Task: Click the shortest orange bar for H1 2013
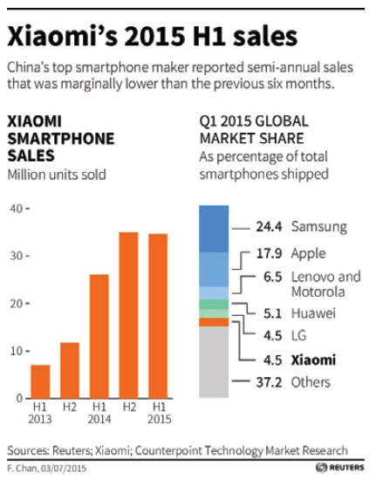click(40, 381)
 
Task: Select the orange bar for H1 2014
click(99, 336)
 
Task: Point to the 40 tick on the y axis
click(17, 209)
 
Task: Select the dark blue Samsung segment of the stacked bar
click(214, 228)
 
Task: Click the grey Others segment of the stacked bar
click(214, 362)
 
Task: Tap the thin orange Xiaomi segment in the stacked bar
click(214, 322)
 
